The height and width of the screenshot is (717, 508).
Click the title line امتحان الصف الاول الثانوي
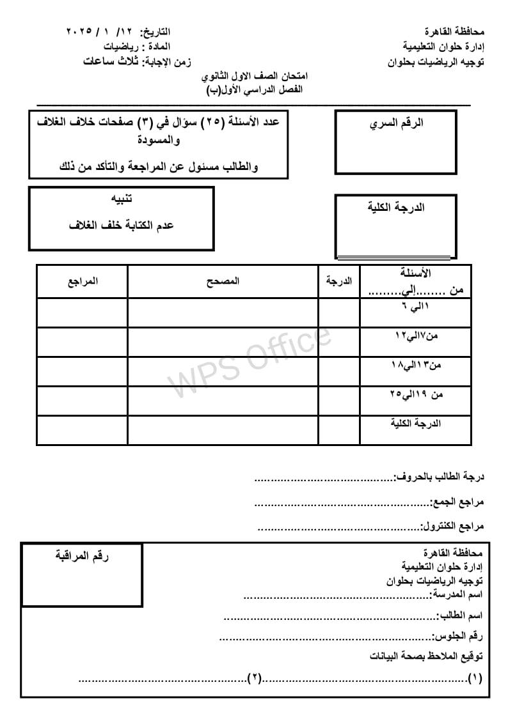(x=254, y=77)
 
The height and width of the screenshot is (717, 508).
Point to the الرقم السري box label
(x=397, y=123)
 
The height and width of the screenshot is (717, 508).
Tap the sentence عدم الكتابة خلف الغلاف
(x=122, y=226)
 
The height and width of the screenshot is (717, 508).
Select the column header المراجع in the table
(x=83, y=281)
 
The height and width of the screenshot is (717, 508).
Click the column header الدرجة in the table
(x=339, y=281)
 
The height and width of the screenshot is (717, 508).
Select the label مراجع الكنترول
(x=452, y=527)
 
